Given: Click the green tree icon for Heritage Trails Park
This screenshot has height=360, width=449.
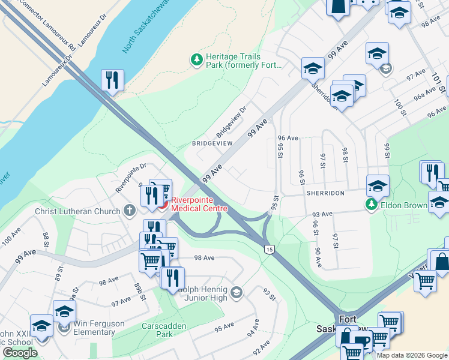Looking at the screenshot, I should pyautogui.click(x=196, y=59).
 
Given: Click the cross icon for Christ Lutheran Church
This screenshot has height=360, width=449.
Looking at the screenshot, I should pyautogui.click(x=129, y=211).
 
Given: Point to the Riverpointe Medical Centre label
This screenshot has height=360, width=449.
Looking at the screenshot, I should pyautogui.click(x=199, y=204).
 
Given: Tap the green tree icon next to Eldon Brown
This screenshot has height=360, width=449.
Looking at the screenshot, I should pyautogui.click(x=372, y=205).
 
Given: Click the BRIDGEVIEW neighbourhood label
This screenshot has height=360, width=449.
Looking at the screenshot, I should pyautogui.click(x=211, y=144).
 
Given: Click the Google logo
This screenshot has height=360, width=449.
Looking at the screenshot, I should pyautogui.click(x=20, y=353).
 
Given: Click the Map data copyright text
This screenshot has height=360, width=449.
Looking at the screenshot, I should pyautogui.click(x=411, y=355).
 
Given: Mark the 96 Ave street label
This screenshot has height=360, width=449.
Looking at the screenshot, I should pyautogui.click(x=288, y=138).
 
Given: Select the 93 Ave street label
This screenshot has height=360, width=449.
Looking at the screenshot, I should pyautogui.click(x=322, y=214).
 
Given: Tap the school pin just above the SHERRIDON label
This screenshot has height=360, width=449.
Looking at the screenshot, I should pyautogui.click(x=378, y=186).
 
